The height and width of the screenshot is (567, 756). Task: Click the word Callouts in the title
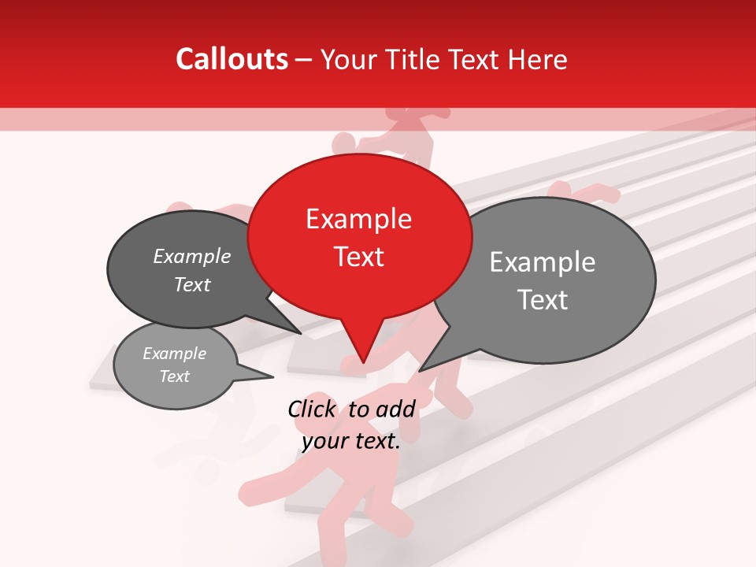click(232, 59)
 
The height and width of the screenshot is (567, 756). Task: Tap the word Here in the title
click(538, 59)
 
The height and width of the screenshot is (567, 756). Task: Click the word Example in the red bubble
click(358, 219)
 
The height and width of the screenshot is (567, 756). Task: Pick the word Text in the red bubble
click(358, 256)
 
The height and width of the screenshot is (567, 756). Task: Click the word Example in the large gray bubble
click(542, 262)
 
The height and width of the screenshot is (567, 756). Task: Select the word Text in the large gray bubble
click(542, 300)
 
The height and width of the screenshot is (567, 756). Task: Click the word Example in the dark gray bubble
click(192, 256)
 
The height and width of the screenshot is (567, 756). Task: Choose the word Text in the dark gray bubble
click(192, 284)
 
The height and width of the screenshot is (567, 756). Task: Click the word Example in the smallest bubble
click(174, 354)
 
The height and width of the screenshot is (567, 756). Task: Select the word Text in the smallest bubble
click(174, 376)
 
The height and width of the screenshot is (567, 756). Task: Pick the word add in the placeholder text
click(396, 409)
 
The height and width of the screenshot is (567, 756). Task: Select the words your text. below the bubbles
click(351, 441)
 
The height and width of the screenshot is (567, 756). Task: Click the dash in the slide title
click(305, 60)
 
